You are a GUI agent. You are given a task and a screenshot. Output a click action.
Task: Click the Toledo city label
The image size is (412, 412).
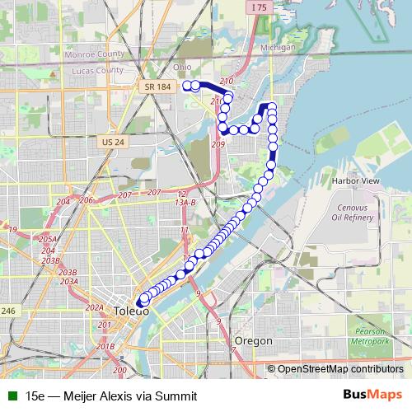(132, 311)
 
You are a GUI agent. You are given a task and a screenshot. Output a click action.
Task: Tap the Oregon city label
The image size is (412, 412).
(253, 340)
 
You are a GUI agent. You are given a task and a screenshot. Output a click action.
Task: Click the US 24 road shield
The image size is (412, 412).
(114, 142)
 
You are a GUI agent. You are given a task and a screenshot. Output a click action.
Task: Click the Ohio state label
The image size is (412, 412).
(182, 67)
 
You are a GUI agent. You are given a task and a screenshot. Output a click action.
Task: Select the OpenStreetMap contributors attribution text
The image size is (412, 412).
(341, 369)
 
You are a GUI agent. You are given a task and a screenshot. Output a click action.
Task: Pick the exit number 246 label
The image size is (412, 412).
(8, 311)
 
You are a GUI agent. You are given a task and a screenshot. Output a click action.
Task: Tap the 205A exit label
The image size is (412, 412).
(48, 239)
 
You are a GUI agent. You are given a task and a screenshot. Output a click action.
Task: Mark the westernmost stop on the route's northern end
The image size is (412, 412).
(187, 85)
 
